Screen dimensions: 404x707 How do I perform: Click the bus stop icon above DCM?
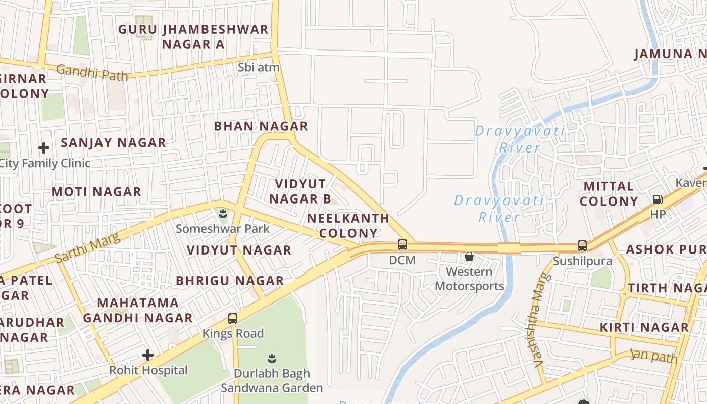click(402, 245)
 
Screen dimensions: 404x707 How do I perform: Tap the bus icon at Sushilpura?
click(582, 246)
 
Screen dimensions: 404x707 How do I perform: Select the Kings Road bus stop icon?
click(232, 319)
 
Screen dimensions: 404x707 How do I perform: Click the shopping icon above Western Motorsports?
click(469, 257)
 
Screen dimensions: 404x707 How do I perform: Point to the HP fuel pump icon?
click(658, 199)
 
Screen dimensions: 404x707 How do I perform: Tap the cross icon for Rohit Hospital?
click(147, 355)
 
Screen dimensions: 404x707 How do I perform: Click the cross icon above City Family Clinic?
click(44, 148)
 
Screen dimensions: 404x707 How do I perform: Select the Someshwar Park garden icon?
click(223, 214)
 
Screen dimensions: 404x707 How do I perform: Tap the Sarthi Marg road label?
click(87, 248)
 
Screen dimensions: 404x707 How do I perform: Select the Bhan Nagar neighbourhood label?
click(261, 126)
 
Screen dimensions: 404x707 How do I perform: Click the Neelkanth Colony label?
click(348, 226)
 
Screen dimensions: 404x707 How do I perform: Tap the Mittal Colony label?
click(609, 194)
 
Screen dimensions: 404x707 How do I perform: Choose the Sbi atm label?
click(259, 68)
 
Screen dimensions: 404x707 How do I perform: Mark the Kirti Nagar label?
click(644, 327)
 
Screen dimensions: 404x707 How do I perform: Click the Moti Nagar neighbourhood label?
click(96, 192)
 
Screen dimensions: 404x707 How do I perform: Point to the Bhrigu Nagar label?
click(230, 281)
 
